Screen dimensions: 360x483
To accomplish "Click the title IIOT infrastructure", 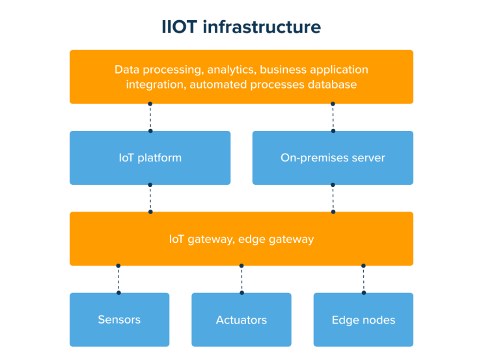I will [x=241, y=27].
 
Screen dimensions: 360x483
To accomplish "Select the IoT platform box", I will [x=150, y=158].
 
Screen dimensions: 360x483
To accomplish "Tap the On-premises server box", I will [x=333, y=158].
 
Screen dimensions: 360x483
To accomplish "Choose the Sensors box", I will [x=119, y=320].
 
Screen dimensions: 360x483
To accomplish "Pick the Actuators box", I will [x=241, y=320].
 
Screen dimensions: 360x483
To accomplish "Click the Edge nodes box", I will [x=363, y=320].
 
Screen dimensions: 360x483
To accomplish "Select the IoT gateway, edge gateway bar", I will [x=241, y=239].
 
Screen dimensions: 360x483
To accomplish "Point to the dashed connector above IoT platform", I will [x=150, y=117].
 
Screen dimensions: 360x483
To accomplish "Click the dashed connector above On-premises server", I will [x=333, y=117].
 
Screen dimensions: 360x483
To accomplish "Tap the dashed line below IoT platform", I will [x=150, y=198].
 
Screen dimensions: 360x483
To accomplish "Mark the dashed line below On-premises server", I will [x=333, y=198].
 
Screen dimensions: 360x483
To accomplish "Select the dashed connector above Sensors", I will [x=118, y=279].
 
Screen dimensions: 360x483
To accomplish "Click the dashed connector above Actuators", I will [x=241, y=279].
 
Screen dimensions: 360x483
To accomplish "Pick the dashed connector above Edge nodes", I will [x=363, y=279].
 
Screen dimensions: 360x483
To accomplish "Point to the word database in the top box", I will [x=334, y=85].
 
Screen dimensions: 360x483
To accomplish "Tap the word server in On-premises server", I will [x=368, y=158].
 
